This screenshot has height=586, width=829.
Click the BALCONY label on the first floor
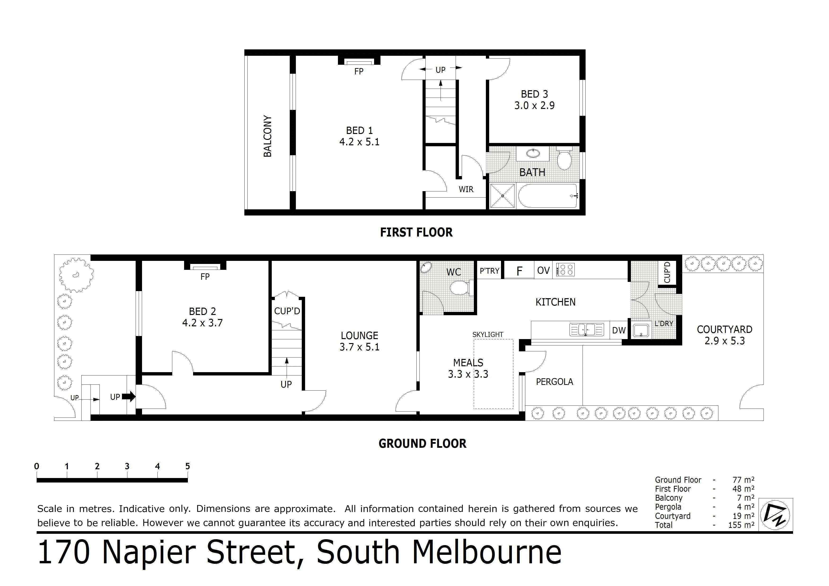tap(268, 136)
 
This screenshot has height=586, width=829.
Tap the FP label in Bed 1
tap(358, 72)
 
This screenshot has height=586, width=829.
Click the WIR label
tap(466, 190)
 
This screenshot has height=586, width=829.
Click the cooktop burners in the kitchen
tap(566, 270)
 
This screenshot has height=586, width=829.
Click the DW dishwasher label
tap(619, 330)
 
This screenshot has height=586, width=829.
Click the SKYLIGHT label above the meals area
tap(488, 335)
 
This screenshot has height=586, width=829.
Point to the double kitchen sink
tap(586, 330)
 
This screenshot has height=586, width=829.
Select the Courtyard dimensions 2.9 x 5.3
tap(724, 341)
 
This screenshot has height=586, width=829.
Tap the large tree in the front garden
tap(76, 275)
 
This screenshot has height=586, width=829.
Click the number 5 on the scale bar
tap(187, 466)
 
